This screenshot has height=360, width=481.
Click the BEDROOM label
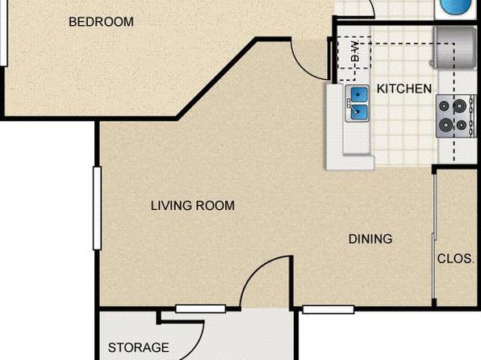(x=101, y=22)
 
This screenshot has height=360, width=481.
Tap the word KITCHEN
(x=404, y=89)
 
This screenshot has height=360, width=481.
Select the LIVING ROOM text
(x=193, y=206)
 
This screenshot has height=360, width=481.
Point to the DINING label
(x=370, y=239)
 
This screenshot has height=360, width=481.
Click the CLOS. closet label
(x=455, y=259)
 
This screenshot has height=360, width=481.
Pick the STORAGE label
(x=138, y=347)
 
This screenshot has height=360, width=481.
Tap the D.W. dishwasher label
(x=355, y=51)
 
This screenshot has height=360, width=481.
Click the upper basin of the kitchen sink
(x=358, y=94)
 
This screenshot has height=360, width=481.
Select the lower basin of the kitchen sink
(x=358, y=112)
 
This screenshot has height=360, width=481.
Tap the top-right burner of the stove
(x=459, y=107)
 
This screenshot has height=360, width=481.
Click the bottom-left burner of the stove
(x=445, y=124)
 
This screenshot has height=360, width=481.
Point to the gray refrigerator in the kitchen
(x=454, y=47)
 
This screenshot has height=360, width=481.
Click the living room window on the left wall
(x=97, y=208)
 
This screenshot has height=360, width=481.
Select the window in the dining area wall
(x=328, y=309)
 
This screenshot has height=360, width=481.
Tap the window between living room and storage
(x=201, y=308)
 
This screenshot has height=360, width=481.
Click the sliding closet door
(x=434, y=236)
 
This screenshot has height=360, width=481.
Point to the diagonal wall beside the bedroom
(x=216, y=78)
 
